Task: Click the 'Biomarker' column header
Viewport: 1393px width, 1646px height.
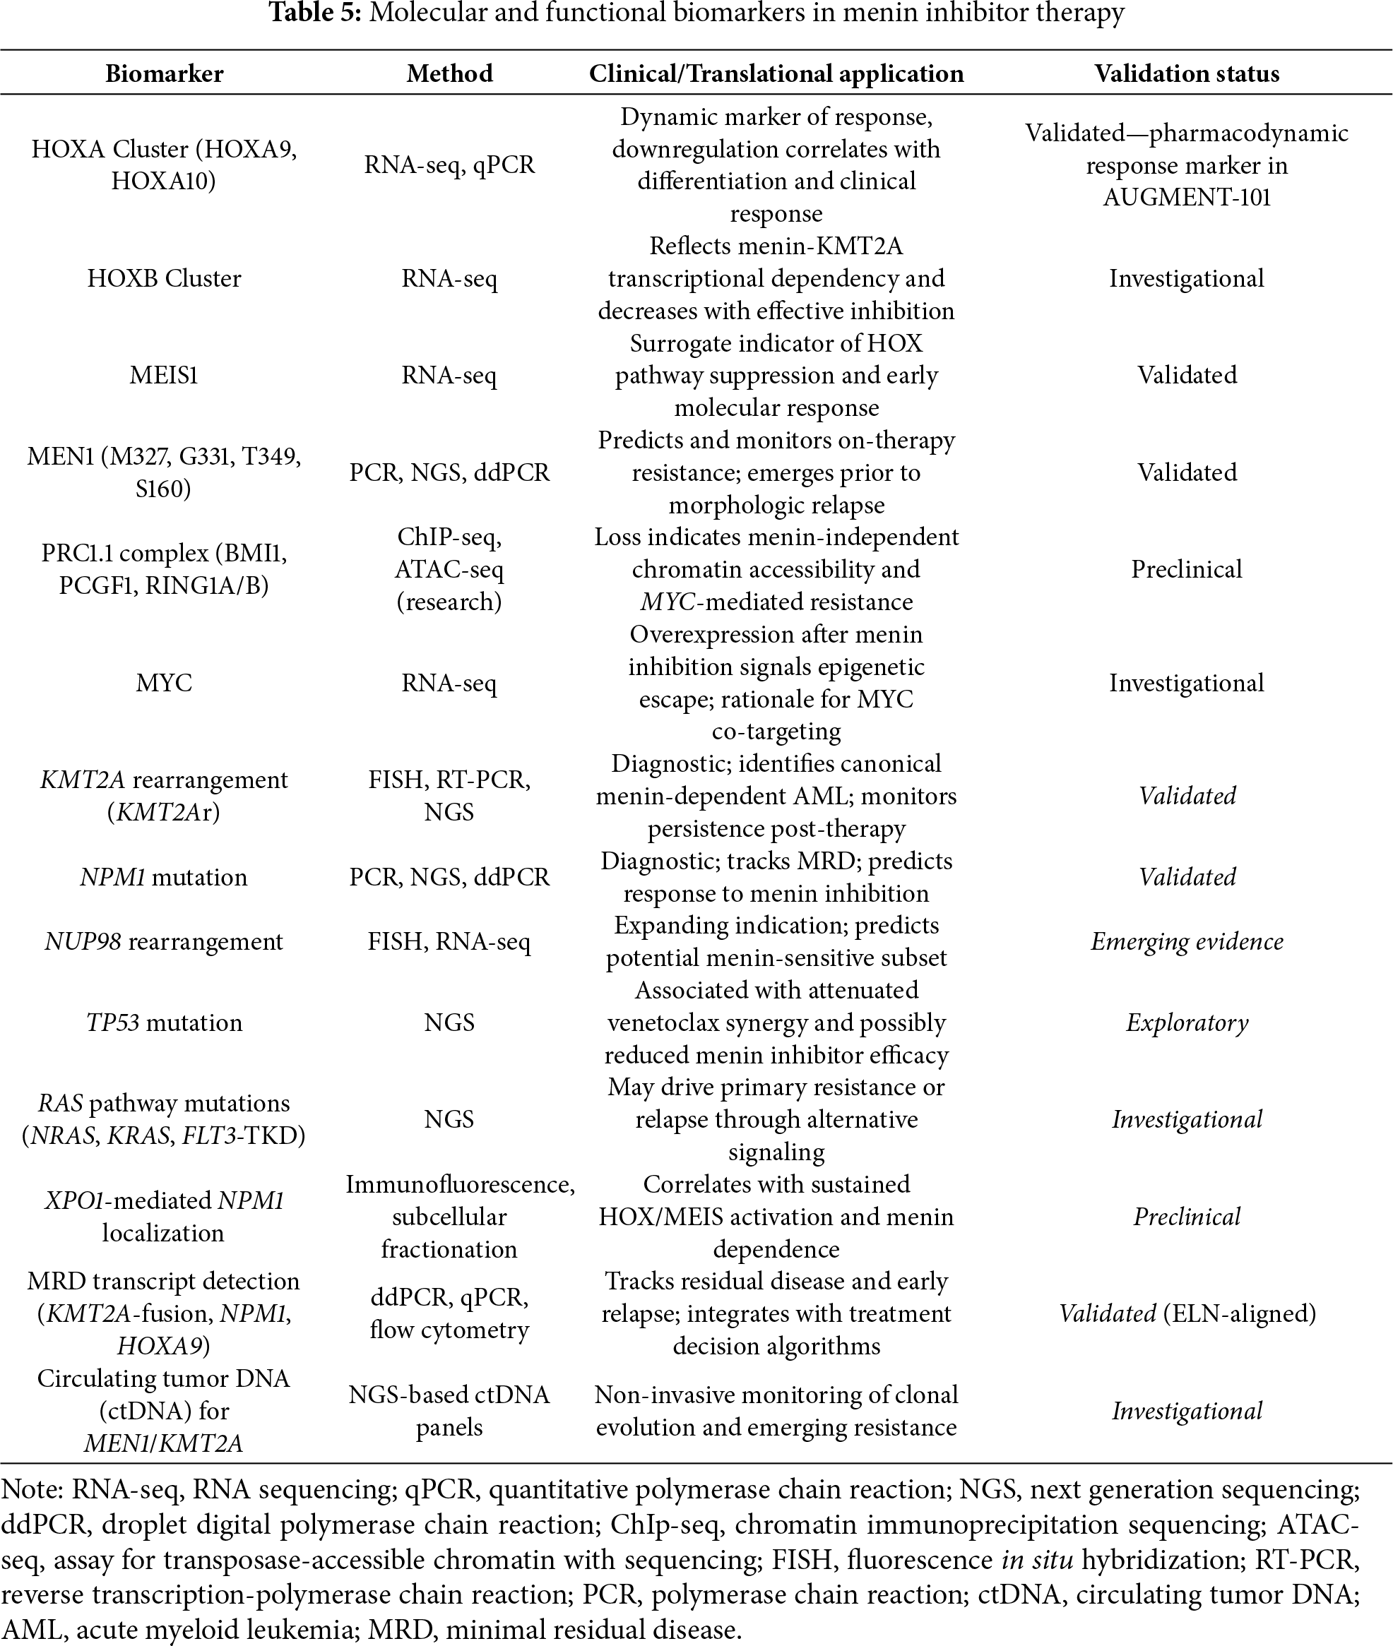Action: (165, 73)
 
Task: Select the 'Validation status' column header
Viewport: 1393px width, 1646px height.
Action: (1186, 73)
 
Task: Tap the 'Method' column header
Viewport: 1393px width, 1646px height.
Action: (449, 73)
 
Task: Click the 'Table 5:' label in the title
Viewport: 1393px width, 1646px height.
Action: (314, 13)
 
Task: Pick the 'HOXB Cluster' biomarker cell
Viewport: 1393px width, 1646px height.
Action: (165, 279)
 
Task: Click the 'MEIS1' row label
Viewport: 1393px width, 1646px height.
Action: (165, 375)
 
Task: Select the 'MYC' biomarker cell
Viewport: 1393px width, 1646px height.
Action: (165, 683)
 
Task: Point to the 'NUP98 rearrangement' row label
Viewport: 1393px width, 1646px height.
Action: (165, 942)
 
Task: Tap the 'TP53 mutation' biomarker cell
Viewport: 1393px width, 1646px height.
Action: (165, 1023)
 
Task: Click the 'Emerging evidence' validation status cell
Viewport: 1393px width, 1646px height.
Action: (1186, 942)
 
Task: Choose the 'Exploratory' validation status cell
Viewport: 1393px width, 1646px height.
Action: (1186, 1023)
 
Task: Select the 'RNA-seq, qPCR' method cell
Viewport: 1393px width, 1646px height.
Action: (449, 165)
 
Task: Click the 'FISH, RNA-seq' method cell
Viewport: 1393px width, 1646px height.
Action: (449, 942)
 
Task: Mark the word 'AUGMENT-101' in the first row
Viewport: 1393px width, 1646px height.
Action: (1186, 197)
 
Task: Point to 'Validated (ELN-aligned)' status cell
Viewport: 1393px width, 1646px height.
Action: (1186, 1313)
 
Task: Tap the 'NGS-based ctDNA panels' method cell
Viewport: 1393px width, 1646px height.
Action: (449, 1411)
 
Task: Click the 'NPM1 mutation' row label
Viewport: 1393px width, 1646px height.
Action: (165, 877)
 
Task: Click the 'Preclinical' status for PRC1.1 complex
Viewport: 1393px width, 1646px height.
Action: (1186, 569)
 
